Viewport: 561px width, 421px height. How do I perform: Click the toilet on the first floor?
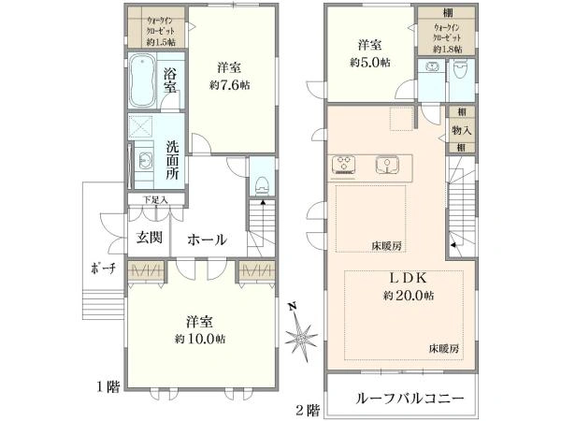click(x=262, y=181)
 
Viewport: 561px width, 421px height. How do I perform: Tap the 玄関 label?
click(x=150, y=238)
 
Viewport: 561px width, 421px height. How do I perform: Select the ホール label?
click(x=207, y=240)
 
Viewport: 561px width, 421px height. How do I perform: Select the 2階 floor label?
click(x=308, y=410)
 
